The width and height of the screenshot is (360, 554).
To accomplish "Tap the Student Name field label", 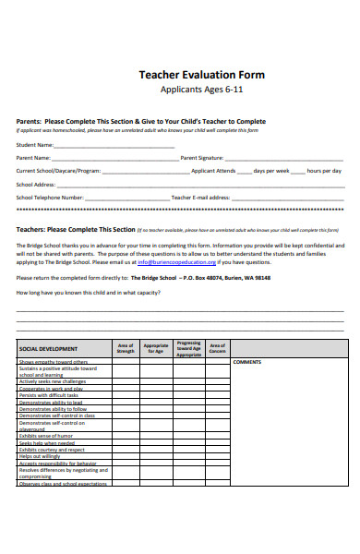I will click(35, 145).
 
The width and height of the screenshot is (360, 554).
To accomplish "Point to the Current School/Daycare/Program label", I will click(58, 171).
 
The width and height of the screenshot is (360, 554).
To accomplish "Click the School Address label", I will click(37, 184).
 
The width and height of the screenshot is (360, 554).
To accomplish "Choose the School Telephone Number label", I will click(50, 197).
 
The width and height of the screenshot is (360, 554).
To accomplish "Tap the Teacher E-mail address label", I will click(200, 197).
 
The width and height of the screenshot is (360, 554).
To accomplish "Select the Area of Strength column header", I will click(126, 349).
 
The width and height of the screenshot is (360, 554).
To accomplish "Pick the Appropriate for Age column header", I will click(156, 349).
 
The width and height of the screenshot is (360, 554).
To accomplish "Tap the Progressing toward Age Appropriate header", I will click(188, 348).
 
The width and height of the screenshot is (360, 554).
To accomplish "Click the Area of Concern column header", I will click(218, 349).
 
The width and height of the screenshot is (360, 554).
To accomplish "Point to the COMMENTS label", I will click(247, 362).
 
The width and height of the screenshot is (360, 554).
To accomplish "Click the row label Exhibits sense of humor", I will click(46, 436).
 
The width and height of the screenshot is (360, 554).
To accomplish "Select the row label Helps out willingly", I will click(40, 456).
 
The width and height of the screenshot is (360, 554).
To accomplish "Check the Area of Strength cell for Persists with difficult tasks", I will click(126, 395).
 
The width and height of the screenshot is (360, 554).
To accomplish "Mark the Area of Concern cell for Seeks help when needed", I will click(218, 442).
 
